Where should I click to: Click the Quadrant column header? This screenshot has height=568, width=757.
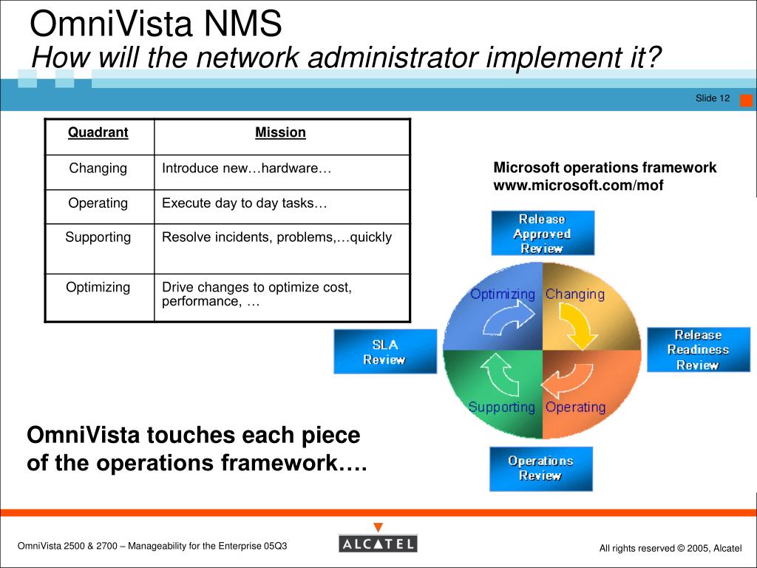[x=98, y=132]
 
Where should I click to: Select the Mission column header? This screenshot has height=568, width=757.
[x=280, y=132]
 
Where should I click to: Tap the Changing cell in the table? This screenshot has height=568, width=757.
[x=98, y=168]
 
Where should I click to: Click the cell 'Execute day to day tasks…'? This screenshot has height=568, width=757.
[x=245, y=203]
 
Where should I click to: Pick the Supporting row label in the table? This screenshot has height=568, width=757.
[x=98, y=237]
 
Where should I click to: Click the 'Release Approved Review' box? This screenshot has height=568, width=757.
[x=542, y=234]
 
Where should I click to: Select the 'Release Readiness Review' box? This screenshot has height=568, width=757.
[x=698, y=350]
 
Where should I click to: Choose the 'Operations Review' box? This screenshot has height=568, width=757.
[x=540, y=468]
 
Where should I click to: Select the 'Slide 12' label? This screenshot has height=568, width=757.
[x=712, y=98]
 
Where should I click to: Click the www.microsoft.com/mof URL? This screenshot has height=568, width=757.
[x=578, y=185]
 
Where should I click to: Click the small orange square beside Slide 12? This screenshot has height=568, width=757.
[x=746, y=101]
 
